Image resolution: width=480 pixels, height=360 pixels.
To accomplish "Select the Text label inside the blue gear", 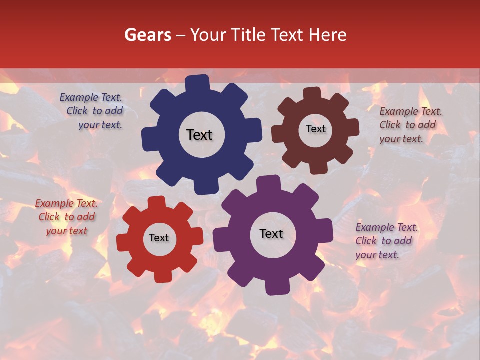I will coord(199,135).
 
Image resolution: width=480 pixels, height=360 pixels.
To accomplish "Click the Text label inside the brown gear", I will coord(315,129).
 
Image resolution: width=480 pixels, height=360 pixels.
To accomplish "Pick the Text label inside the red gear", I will coord(159,238).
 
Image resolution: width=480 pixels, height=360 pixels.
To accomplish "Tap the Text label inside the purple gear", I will coord(271,234).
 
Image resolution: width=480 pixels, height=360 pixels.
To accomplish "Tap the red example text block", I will coord(66,217).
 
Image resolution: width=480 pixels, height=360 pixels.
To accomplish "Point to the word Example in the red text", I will coord(54,203).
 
